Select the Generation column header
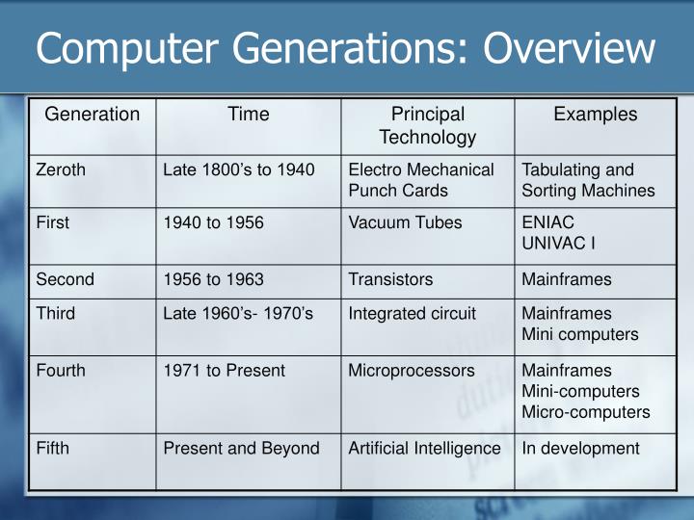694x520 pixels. point(93,115)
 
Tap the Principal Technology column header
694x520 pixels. point(428,125)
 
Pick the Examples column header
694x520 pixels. point(595,115)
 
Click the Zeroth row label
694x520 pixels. point(61,170)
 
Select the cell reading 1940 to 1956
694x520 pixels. point(213,222)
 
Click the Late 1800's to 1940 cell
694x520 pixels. point(239,170)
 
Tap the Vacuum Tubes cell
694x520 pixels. point(405,222)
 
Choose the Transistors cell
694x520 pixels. point(390,279)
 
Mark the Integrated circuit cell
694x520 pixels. point(412,314)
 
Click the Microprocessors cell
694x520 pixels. point(412,370)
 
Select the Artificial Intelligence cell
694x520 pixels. point(424,448)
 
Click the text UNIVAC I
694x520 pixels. point(558,243)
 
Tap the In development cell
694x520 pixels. point(580,448)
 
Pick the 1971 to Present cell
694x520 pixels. point(224,370)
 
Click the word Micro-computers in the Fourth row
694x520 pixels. point(585,412)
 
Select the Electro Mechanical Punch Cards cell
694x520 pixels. point(421,180)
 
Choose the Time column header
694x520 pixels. point(249,115)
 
